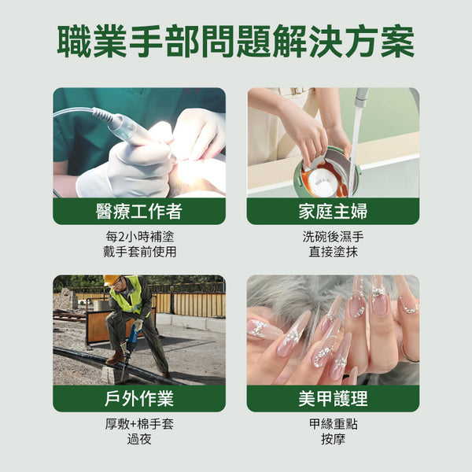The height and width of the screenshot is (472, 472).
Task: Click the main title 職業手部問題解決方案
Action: (x=236, y=42)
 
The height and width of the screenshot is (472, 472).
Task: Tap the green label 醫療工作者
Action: (x=139, y=211)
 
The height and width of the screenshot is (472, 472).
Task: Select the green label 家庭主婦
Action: (x=333, y=211)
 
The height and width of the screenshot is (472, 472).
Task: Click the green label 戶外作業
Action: (x=139, y=398)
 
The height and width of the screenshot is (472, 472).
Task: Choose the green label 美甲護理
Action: (x=333, y=398)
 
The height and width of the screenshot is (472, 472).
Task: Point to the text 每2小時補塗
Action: (x=139, y=236)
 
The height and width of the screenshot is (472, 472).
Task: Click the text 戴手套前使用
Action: (x=139, y=252)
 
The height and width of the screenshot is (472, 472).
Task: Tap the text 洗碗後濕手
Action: (x=333, y=236)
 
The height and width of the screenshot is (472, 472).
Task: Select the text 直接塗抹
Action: (x=333, y=252)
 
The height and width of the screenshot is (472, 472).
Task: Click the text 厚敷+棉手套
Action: (x=139, y=423)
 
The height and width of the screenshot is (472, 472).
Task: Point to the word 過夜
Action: (x=139, y=439)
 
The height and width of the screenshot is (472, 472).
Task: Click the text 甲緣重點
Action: (x=333, y=423)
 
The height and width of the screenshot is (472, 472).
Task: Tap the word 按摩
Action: (x=333, y=439)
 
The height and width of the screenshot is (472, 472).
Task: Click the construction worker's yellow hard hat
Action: (x=112, y=280)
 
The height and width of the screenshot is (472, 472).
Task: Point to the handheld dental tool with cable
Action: (x=126, y=128)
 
